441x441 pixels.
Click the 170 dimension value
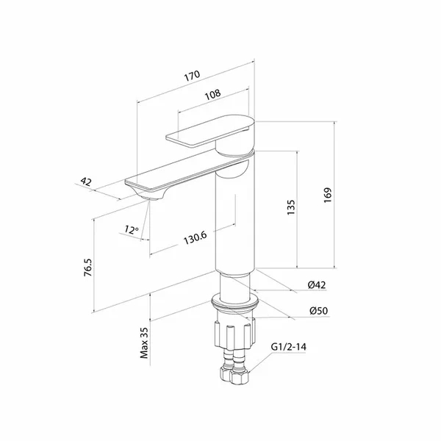(x=193, y=76)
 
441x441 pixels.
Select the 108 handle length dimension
(x=213, y=95)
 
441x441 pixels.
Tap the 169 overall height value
(x=328, y=195)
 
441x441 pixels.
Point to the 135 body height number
(x=291, y=207)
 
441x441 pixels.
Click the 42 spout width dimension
(x=86, y=182)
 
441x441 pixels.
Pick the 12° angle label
(x=132, y=229)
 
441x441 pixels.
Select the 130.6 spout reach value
(x=196, y=238)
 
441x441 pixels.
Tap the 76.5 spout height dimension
(x=88, y=268)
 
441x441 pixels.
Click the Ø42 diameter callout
(x=317, y=285)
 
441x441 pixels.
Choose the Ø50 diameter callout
(x=319, y=311)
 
